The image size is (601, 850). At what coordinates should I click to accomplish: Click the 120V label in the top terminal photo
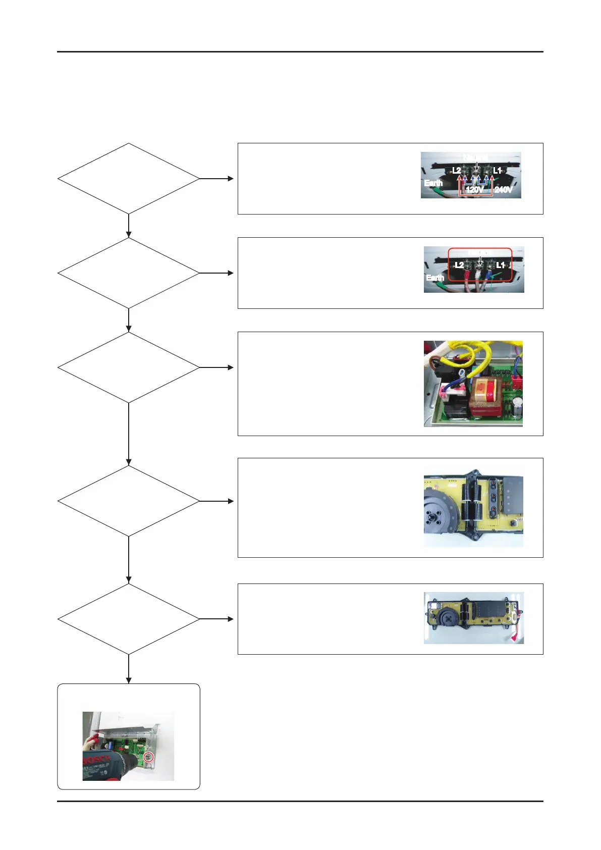[x=474, y=190]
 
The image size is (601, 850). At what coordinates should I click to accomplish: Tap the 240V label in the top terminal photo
[x=503, y=190]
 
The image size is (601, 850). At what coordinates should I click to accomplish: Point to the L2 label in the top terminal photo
[x=456, y=171]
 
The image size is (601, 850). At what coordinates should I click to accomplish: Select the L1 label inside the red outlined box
[x=501, y=265]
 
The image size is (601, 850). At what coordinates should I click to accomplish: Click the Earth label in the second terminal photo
[x=434, y=278]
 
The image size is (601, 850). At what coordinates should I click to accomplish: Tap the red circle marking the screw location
[x=148, y=757]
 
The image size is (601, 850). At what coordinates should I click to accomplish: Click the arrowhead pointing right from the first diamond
[x=231, y=178]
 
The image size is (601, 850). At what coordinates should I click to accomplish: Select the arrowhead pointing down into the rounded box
[x=129, y=680]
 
